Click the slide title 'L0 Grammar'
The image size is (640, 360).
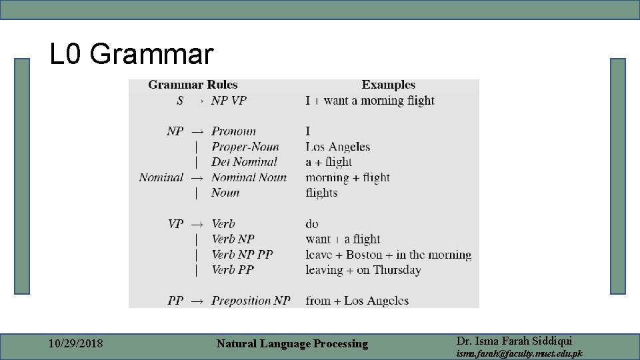[x=132, y=54]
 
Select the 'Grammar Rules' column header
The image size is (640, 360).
[x=193, y=85]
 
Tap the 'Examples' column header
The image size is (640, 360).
[x=388, y=85]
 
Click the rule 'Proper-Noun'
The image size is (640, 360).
[x=245, y=147]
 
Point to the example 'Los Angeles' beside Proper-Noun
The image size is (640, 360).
[x=337, y=147]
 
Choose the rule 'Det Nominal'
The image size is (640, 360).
[x=244, y=162]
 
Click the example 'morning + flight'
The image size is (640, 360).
[x=347, y=177]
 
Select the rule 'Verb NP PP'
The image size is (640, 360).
[x=242, y=255]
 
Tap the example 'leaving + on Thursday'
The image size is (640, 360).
[x=363, y=270]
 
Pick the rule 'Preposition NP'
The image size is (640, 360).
[x=251, y=301]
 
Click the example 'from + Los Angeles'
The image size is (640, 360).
[x=357, y=301]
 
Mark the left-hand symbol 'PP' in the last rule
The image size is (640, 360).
[x=175, y=301]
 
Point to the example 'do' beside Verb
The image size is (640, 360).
[x=312, y=224]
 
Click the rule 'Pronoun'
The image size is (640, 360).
[x=233, y=131]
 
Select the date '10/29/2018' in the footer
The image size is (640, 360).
[x=76, y=344]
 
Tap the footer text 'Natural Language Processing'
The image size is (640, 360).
[x=292, y=344]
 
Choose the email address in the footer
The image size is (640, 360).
[x=519, y=353]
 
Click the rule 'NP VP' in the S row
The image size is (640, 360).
[x=229, y=101]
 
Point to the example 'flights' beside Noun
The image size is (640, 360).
[x=321, y=193]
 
